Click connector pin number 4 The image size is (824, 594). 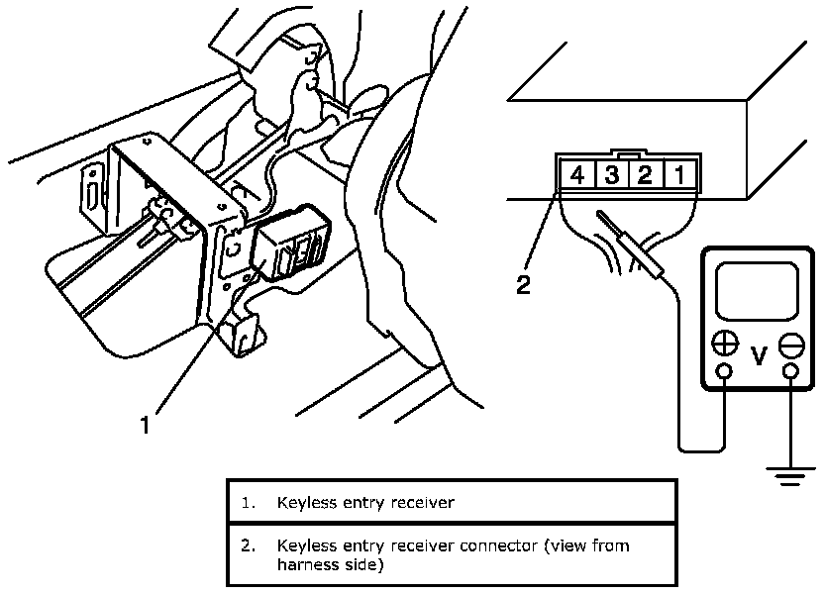tap(577, 177)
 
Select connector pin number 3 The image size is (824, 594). tap(612, 177)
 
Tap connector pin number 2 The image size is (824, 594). tap(645, 177)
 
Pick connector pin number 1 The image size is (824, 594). tap(678, 177)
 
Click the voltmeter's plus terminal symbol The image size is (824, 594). tap(725, 345)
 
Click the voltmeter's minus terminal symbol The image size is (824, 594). tap(790, 345)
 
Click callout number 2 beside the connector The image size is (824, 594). tap(523, 287)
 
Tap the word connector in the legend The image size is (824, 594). tap(495, 545)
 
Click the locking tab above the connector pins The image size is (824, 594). tap(629, 155)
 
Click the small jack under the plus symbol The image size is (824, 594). tap(725, 373)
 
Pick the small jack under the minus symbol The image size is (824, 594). tap(790, 373)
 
